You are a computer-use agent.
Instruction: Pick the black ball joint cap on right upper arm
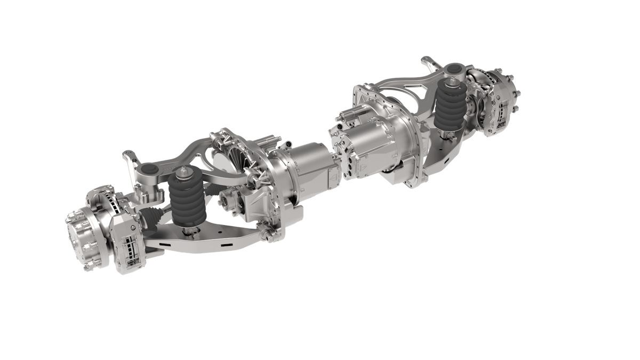click(x=454, y=69)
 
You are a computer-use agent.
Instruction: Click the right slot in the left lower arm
click(x=227, y=245)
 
